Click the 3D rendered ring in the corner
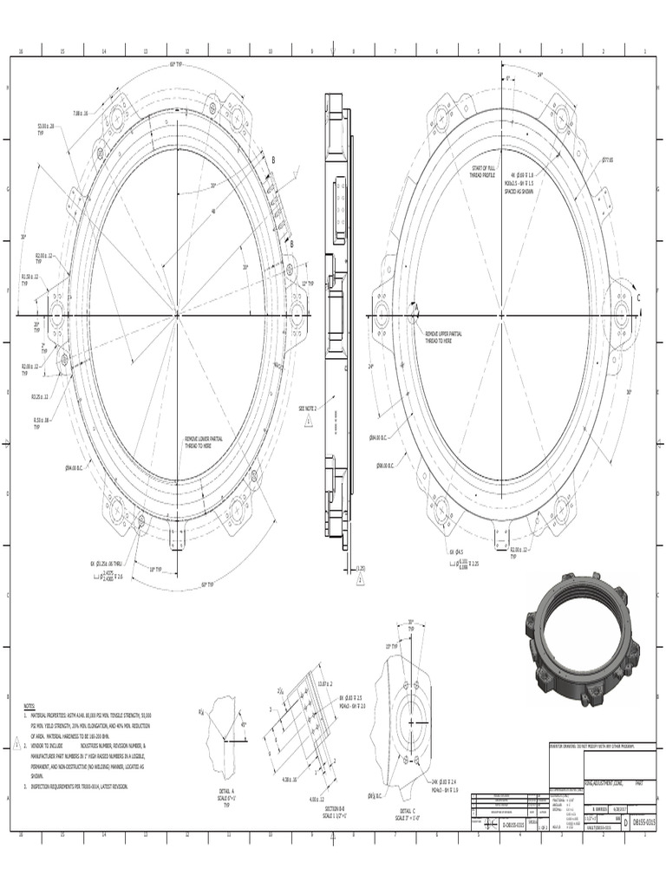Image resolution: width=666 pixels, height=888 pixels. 582,638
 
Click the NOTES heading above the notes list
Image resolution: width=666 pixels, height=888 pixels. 29,707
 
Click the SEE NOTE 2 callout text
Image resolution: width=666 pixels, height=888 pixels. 308,408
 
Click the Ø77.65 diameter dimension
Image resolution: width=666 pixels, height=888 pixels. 607,160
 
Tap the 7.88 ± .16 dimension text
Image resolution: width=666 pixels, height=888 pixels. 81,113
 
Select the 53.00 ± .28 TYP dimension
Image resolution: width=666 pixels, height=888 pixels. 46,128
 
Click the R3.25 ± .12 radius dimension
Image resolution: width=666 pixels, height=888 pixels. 40,396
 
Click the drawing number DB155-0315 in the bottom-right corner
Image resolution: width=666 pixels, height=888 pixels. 643,821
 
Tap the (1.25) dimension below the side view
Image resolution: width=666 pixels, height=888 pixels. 361,570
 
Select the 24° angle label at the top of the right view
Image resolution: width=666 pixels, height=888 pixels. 539,75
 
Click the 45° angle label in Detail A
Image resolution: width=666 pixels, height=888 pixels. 244,724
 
